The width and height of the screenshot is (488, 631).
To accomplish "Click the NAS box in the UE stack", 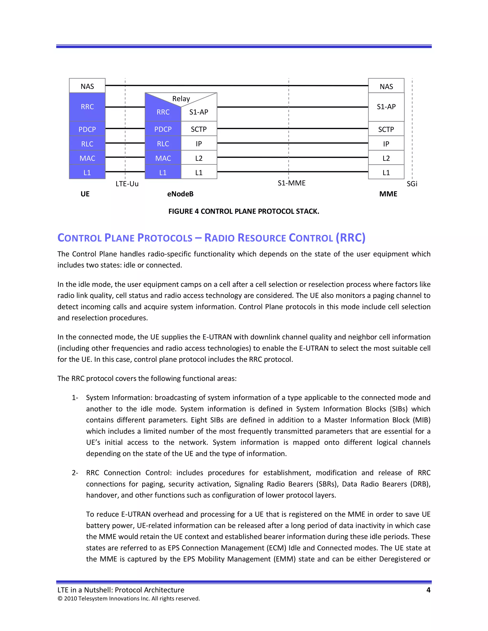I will [x=87, y=86].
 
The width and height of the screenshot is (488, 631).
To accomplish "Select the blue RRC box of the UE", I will [x=87, y=107].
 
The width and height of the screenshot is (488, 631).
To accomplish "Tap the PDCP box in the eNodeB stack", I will [x=163, y=129].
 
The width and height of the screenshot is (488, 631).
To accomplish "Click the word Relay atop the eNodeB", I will [x=181, y=99].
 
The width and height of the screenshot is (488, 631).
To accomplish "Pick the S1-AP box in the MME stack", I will [x=386, y=107].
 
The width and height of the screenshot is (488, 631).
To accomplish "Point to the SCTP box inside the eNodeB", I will [x=199, y=129].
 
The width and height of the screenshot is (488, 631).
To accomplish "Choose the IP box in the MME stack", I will [x=386, y=144].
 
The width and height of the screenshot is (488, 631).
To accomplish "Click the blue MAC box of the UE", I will [x=87, y=158].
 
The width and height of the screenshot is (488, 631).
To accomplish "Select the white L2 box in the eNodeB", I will [x=199, y=158].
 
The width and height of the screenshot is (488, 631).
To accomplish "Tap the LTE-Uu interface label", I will [x=127, y=184].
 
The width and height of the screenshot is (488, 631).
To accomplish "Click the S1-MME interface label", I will [x=291, y=183].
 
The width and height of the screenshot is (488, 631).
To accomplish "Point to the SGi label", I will [x=412, y=184].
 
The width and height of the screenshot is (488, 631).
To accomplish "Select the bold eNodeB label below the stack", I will [x=180, y=194].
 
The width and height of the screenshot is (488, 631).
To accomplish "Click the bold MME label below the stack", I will [x=388, y=194].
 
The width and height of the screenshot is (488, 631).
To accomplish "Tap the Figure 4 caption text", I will [x=244, y=211].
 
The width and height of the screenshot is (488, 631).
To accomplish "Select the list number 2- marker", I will [x=75, y=473].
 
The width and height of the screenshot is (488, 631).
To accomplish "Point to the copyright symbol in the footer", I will [x=60, y=599].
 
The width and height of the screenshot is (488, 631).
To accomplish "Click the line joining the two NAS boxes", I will [x=236, y=85].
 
